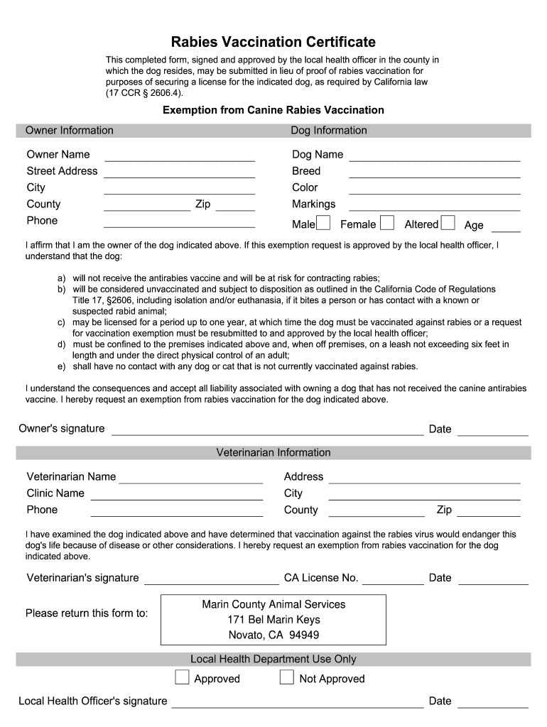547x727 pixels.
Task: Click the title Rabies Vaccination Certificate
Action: pyautogui.click(x=273, y=43)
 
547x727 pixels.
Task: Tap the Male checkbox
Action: pyautogui.click(x=323, y=224)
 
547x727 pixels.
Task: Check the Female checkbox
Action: pyautogui.click(x=387, y=224)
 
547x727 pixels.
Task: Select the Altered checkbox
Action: pyautogui.click(x=448, y=224)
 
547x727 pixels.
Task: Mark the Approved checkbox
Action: pyautogui.click(x=183, y=677)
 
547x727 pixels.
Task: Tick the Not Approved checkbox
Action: pyautogui.click(x=287, y=677)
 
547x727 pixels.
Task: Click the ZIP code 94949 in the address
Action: pyautogui.click(x=304, y=635)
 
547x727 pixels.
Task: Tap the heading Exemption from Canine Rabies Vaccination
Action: pyautogui.click(x=273, y=110)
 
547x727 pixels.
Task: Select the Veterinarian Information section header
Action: pyautogui.click(x=273, y=452)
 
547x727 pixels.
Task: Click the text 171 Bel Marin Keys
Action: pyautogui.click(x=273, y=620)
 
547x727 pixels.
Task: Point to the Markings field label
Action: pyautogui.click(x=313, y=204)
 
